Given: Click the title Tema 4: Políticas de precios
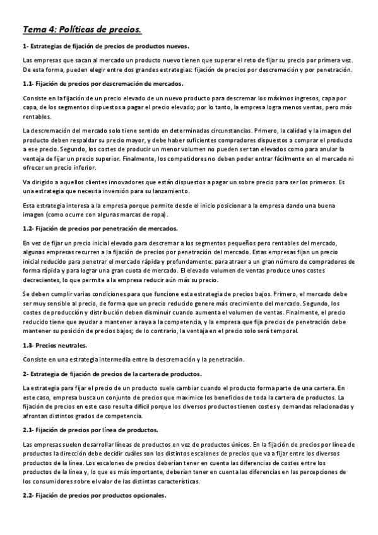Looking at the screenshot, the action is tap(81, 29).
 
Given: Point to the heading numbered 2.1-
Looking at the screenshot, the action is tap(90, 430).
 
